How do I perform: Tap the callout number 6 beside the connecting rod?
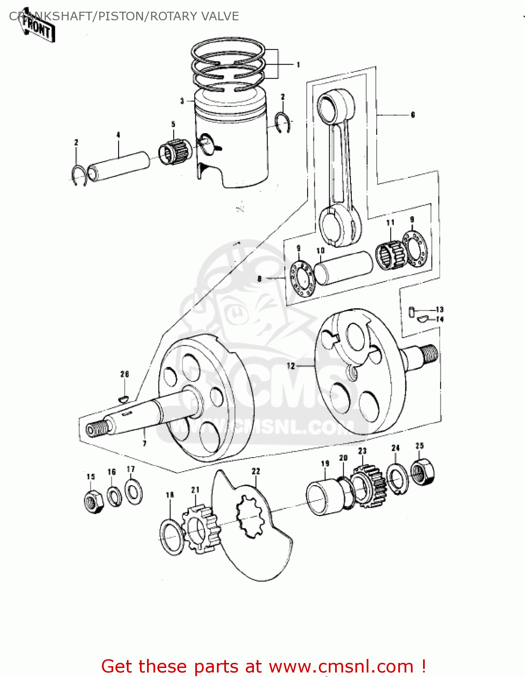click(413, 115)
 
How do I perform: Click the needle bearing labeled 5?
click(175, 151)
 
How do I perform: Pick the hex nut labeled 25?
click(423, 472)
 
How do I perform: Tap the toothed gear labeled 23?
click(369, 487)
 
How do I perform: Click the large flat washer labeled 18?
click(172, 537)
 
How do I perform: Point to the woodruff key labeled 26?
click(124, 399)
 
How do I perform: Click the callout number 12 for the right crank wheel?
click(291, 366)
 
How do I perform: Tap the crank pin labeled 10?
click(343, 268)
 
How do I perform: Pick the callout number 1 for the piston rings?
click(298, 65)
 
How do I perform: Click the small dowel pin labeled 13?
click(411, 311)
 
